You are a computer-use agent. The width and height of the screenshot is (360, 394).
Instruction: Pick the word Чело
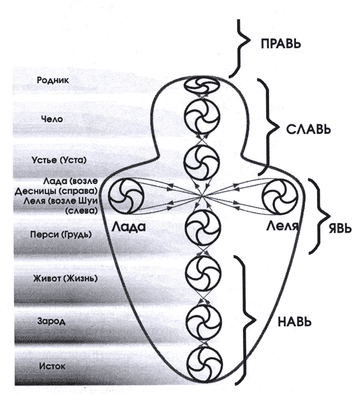point(52,119)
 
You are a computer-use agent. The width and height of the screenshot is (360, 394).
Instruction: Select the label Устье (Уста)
point(58,159)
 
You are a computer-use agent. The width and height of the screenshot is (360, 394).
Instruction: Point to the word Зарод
point(51,321)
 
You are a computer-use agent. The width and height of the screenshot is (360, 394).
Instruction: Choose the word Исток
point(52,365)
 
